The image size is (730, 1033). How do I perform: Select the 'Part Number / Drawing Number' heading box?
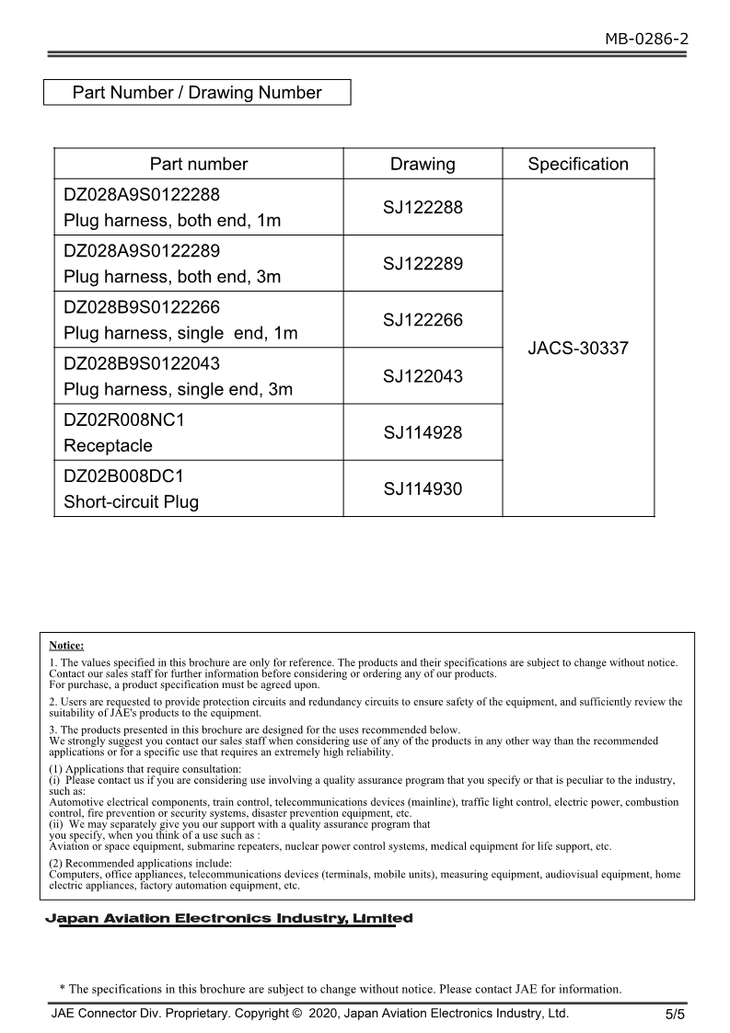tap(197, 93)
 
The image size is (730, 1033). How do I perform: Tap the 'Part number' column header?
tap(199, 165)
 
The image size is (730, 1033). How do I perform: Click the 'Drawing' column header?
tap(423, 165)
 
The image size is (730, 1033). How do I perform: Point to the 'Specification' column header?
tap(578, 165)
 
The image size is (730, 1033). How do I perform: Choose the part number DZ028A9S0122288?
tap(142, 195)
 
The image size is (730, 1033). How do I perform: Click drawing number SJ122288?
tap(423, 208)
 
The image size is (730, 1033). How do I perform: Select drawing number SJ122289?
tap(423, 264)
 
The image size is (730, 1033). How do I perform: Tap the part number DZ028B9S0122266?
tap(142, 307)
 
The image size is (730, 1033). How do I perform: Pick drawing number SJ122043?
tap(423, 376)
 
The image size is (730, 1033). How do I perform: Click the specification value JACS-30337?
tap(578, 349)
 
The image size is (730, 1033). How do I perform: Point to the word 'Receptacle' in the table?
tap(108, 446)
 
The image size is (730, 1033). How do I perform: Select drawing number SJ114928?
tap(423, 432)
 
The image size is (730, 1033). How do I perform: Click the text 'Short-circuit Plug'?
tap(131, 502)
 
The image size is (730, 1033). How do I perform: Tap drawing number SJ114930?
tap(423, 488)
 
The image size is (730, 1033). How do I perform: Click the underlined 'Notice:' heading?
tap(66, 646)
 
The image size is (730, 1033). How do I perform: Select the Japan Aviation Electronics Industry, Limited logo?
tap(229, 919)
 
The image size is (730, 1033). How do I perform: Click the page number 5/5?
tap(676, 1016)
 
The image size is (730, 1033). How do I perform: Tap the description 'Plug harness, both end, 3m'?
tap(172, 277)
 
